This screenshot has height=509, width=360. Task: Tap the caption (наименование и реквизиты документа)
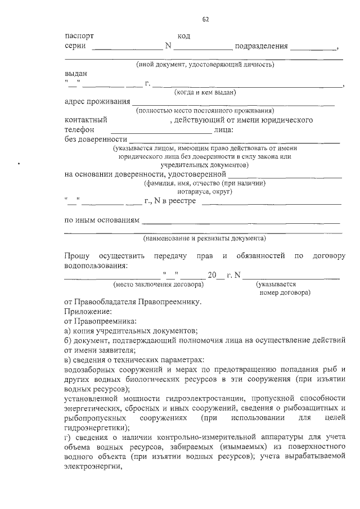coord(204,238)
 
